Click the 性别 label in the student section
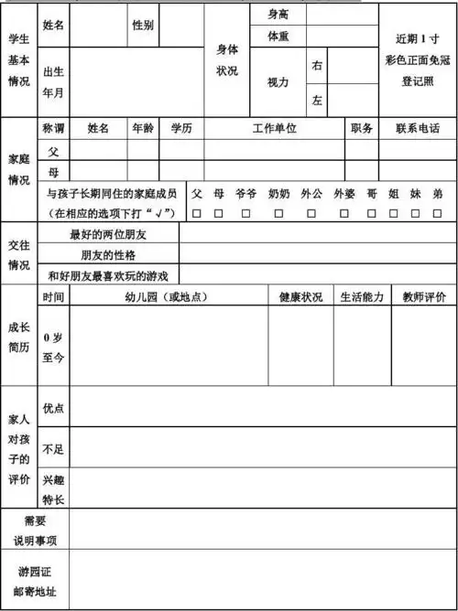(x=143, y=25)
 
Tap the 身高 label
(x=279, y=15)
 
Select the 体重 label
(x=279, y=37)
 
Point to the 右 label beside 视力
(x=317, y=66)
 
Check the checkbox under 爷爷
(x=245, y=213)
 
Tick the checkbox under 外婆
(x=344, y=213)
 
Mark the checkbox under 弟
(x=438, y=213)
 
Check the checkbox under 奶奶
(x=278, y=213)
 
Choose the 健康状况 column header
(x=300, y=297)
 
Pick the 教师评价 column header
(x=424, y=297)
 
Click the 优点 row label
(x=53, y=408)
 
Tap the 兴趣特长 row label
(x=53, y=489)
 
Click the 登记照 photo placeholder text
(x=417, y=80)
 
